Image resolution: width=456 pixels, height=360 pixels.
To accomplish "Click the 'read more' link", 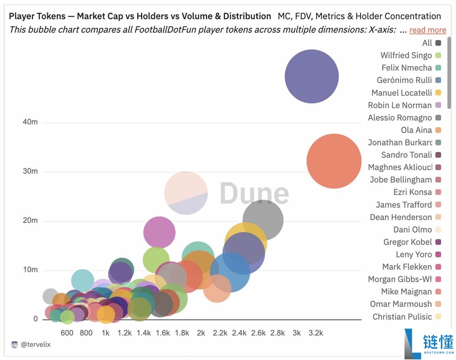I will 427,30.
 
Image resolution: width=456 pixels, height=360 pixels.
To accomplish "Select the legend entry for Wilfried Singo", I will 406,55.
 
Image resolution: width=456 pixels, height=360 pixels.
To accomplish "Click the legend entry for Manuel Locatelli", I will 401,93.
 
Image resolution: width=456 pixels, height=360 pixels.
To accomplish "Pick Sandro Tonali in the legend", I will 406,154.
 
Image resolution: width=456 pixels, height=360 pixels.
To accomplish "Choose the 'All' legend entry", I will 427,43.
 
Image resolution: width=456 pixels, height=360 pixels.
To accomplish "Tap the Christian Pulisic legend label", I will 402,316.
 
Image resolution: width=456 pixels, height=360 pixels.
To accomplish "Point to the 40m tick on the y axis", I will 30,122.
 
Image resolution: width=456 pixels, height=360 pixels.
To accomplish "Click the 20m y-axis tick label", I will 30,221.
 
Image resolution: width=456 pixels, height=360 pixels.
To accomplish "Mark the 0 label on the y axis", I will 35,319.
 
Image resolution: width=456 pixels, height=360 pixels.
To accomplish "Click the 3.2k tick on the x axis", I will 316,333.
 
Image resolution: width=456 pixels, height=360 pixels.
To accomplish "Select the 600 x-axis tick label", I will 67,333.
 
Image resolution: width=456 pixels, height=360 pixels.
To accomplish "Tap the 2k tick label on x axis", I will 201,333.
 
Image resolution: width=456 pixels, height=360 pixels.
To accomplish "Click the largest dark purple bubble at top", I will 311,76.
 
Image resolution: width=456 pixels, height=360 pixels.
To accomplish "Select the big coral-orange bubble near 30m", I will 334,161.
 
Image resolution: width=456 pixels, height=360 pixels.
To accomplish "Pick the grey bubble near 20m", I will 263,220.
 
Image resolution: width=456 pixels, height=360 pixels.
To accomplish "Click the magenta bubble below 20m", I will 159,232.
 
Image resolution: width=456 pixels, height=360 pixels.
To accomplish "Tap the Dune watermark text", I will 254,193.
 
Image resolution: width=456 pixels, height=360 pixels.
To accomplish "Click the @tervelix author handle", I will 36,345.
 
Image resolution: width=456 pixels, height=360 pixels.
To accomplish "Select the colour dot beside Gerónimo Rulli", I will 438,80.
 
